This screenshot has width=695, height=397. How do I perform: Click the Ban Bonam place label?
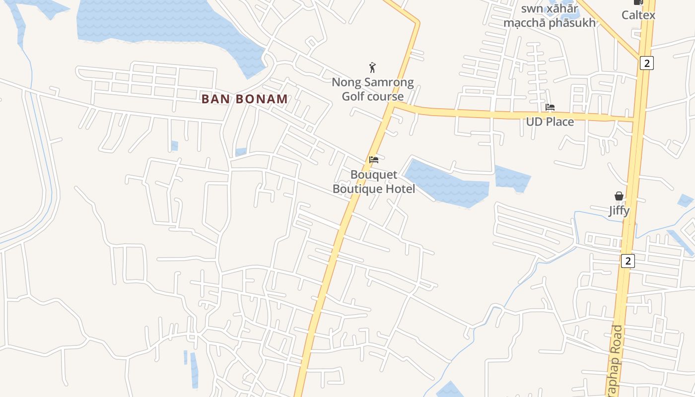[244, 99]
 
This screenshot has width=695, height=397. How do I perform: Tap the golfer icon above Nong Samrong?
[372, 67]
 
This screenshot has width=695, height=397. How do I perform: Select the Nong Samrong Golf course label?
[372, 89]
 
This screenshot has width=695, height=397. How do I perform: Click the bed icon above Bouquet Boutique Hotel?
[374, 160]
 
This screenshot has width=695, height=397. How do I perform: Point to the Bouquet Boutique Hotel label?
[374, 182]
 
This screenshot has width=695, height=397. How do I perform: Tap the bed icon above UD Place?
[550, 107]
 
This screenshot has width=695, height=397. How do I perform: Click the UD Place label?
[550, 122]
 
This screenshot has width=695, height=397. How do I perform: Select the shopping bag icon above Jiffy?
[619, 196]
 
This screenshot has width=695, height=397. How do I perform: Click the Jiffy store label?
[619, 211]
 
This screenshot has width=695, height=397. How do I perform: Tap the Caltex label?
[638, 15]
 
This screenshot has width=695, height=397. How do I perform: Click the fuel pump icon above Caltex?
[638, 2]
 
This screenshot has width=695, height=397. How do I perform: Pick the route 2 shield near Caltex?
[646, 63]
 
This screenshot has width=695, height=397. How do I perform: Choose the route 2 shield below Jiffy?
[628, 261]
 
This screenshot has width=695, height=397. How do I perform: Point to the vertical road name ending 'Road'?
[615, 360]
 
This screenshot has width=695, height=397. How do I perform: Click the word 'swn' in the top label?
[531, 8]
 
